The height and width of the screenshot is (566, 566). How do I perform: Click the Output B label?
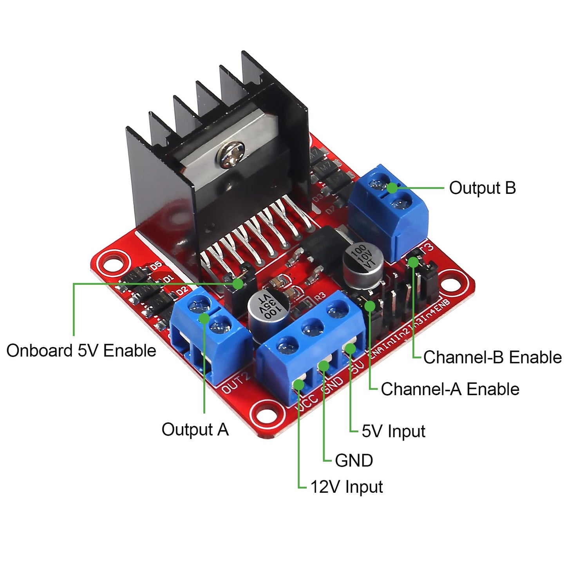482,188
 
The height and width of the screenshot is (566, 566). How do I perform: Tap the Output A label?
195,429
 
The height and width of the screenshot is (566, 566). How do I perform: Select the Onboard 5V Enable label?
81,350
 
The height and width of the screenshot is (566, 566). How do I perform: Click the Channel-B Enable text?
492,357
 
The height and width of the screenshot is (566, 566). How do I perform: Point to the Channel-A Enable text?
450,389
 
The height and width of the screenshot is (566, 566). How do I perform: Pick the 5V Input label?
393,431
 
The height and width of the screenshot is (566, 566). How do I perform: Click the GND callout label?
354,460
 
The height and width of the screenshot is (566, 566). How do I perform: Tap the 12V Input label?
346,487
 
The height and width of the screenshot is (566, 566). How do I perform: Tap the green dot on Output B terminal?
392,188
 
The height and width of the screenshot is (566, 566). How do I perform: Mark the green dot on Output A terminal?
204,318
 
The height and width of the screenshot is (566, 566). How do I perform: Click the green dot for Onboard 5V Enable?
237,284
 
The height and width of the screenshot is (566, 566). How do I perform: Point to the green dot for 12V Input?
298,384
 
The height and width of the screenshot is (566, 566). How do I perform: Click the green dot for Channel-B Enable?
414,262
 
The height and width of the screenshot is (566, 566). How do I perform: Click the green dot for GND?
324,366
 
